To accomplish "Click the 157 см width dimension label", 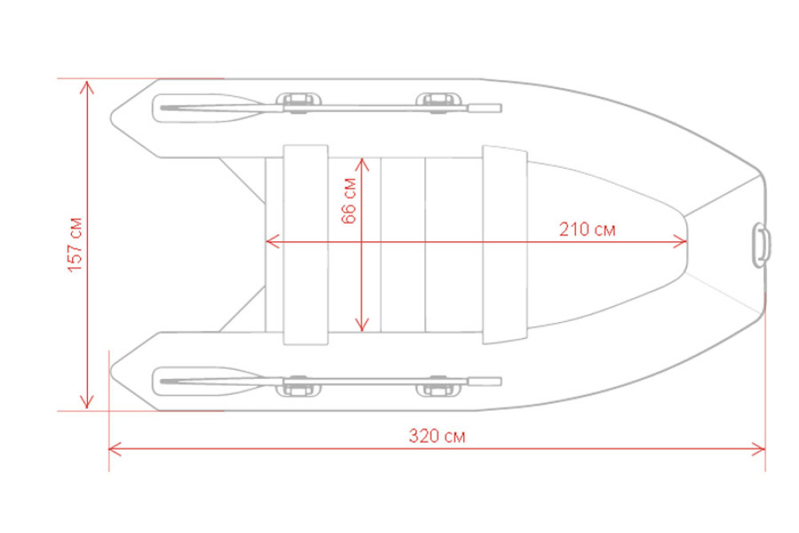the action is click(75, 245).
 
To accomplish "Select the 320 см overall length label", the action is click(437, 436).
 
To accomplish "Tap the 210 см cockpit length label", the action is click(587, 229).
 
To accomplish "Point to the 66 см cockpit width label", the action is click(349, 201).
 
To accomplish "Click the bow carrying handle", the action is click(761, 245).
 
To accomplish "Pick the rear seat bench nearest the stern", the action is click(306, 245).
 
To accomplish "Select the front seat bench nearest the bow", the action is click(504, 245).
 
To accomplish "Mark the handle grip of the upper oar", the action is click(485, 108).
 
